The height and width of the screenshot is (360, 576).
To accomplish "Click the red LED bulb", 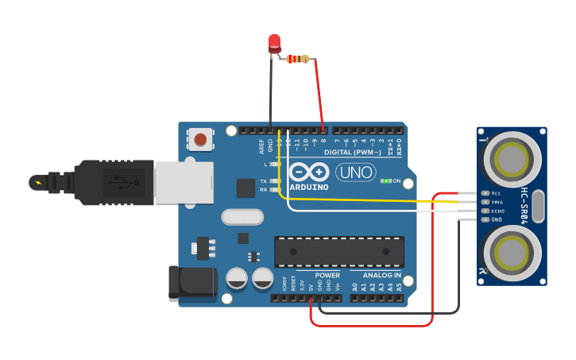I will (x=275, y=43).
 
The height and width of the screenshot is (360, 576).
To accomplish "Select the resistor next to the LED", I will (x=299, y=58).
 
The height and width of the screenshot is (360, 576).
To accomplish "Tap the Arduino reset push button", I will (x=200, y=140).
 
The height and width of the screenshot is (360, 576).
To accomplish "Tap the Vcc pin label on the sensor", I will (x=497, y=193).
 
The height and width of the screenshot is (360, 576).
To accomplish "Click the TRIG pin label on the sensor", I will (x=498, y=202).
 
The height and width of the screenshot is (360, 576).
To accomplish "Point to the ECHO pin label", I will (x=498, y=211).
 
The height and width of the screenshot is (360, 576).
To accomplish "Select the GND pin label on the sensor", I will (x=497, y=219).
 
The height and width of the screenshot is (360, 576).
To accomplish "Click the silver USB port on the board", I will (x=184, y=183).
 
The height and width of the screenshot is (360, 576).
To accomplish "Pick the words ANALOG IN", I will (x=376, y=275).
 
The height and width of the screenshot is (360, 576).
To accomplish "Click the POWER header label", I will (x=327, y=275).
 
